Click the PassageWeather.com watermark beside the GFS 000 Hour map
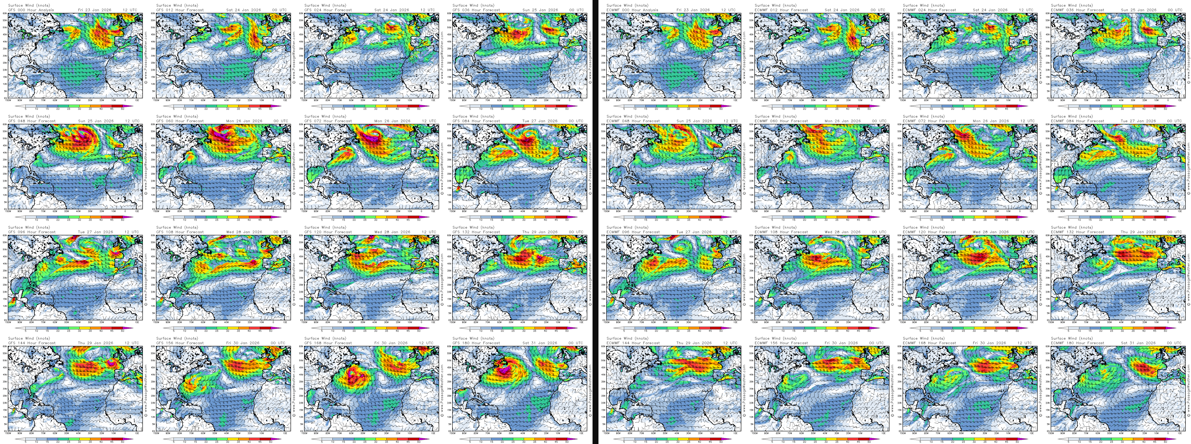pyautogui.click(x=146, y=55)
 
